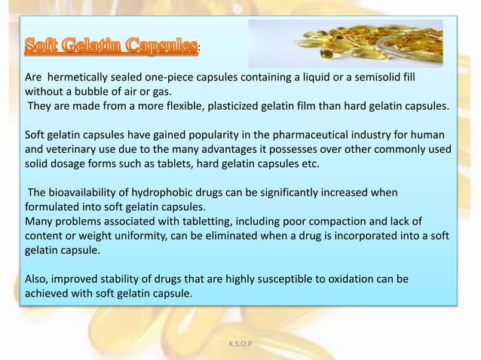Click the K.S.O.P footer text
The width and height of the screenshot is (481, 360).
click(x=240, y=344)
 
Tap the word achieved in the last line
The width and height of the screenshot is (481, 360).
click(x=47, y=293)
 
